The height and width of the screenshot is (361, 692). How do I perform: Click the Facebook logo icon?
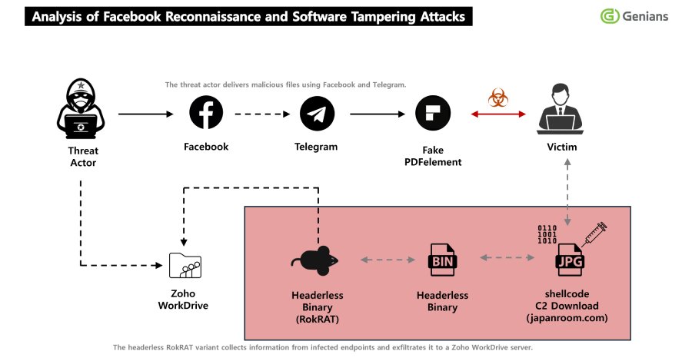tap(206, 114)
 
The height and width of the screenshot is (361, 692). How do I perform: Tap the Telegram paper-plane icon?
tap(317, 114)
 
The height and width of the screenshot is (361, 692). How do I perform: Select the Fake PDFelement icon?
tap(432, 114)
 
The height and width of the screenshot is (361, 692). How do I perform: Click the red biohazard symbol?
tap(494, 98)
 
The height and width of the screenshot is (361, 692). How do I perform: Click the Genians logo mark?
tap(610, 16)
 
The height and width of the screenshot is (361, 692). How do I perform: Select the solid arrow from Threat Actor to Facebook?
tap(146, 114)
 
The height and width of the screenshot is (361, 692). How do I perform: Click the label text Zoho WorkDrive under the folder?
tap(183, 300)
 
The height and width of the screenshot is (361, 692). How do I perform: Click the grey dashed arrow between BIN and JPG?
tap(507, 260)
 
